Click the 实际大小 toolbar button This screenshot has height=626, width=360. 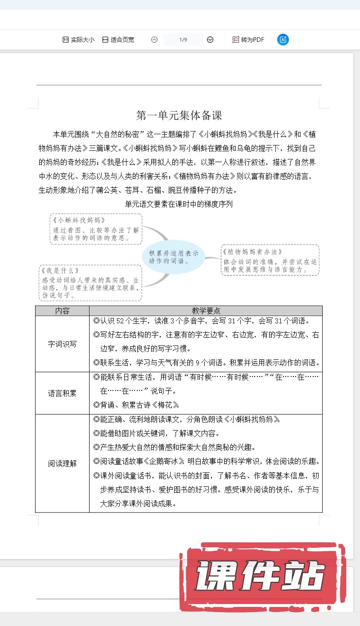(78, 40)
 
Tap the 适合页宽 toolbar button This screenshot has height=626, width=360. (118, 40)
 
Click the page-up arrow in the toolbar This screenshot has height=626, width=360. (154, 40)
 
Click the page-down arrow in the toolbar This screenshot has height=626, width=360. (210, 40)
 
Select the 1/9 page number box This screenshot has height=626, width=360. (183, 40)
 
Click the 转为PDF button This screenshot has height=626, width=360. (248, 40)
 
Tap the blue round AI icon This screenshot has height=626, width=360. (283, 40)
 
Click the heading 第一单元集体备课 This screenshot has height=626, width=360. (179, 115)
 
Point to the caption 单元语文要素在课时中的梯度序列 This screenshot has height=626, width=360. (179, 204)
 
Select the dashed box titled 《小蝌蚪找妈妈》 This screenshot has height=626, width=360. (96, 229)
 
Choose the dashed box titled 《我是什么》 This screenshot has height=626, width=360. (90, 283)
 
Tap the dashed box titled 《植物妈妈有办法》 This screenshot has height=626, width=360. (270, 260)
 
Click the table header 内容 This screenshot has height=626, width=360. (62, 311)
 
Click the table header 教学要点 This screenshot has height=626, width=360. (206, 311)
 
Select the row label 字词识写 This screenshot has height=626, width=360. (62, 344)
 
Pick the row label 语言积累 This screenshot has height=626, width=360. (62, 393)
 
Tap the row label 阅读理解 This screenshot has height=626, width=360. (62, 463)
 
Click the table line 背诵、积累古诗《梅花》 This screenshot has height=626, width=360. (137, 404)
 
